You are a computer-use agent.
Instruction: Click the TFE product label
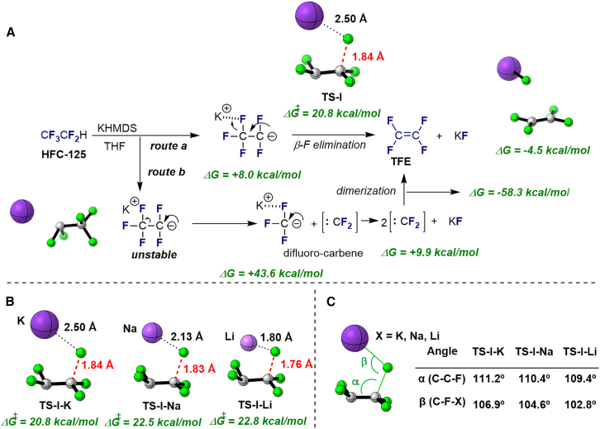pos(407,164)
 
